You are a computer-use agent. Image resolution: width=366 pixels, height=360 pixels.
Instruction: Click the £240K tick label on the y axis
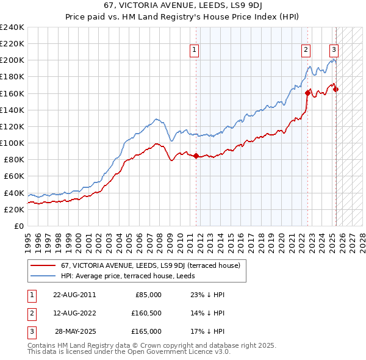12,27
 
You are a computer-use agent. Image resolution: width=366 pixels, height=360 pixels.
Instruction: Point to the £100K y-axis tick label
12,143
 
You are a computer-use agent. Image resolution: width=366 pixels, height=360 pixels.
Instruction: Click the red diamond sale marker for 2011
196,156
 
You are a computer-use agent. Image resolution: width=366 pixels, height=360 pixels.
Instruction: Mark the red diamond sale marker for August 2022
307,93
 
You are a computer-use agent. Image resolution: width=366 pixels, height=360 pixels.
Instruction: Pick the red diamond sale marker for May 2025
336,90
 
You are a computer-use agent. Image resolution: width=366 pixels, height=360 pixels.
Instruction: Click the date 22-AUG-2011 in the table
74,295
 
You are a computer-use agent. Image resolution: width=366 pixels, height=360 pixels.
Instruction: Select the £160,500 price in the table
147,313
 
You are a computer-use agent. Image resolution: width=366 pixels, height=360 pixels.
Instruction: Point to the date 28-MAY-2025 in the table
75,331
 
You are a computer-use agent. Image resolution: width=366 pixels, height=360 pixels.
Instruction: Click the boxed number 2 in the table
30,313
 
